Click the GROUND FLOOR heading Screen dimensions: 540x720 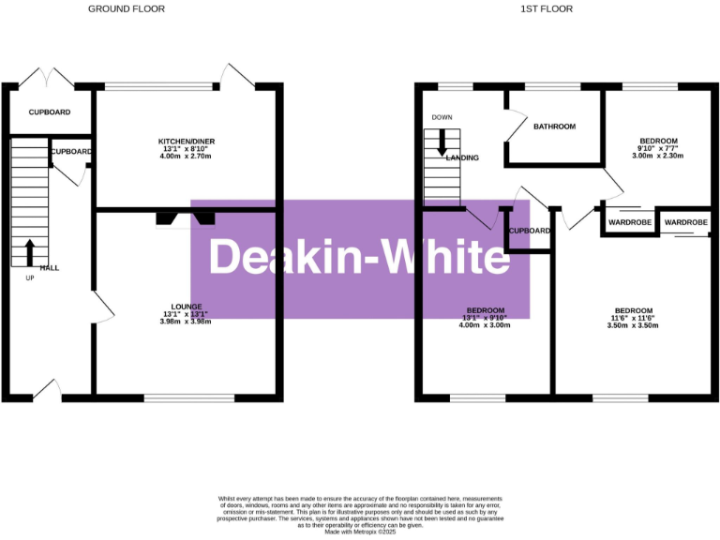pos(126,8)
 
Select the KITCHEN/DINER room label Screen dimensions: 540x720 pos(187,142)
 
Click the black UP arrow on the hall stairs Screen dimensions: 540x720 pos(29,252)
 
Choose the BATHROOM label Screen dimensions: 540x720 pos(554,127)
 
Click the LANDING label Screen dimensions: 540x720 pos(463,157)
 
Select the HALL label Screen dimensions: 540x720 pos(49,268)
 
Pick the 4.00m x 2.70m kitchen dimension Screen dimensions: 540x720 pos(187,157)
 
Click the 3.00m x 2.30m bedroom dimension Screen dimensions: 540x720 pos(657,157)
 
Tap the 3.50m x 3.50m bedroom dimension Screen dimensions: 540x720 pos(634,326)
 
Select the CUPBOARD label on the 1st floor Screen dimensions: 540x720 pos(530,231)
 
